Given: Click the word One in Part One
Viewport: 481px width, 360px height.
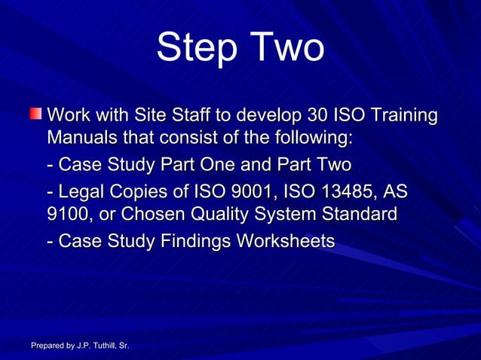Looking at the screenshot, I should (230, 164).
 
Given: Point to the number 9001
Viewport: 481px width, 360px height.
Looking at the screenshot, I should (254, 190).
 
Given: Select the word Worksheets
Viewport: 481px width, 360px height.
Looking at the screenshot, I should (286, 241).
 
